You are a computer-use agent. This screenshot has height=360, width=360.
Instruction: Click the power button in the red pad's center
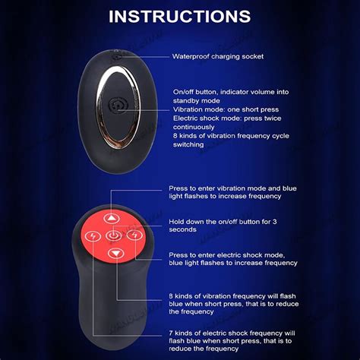click(113, 235)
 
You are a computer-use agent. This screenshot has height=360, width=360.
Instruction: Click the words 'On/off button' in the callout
click(197, 90)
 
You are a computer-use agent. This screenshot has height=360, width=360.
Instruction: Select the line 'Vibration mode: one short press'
click(221, 109)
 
